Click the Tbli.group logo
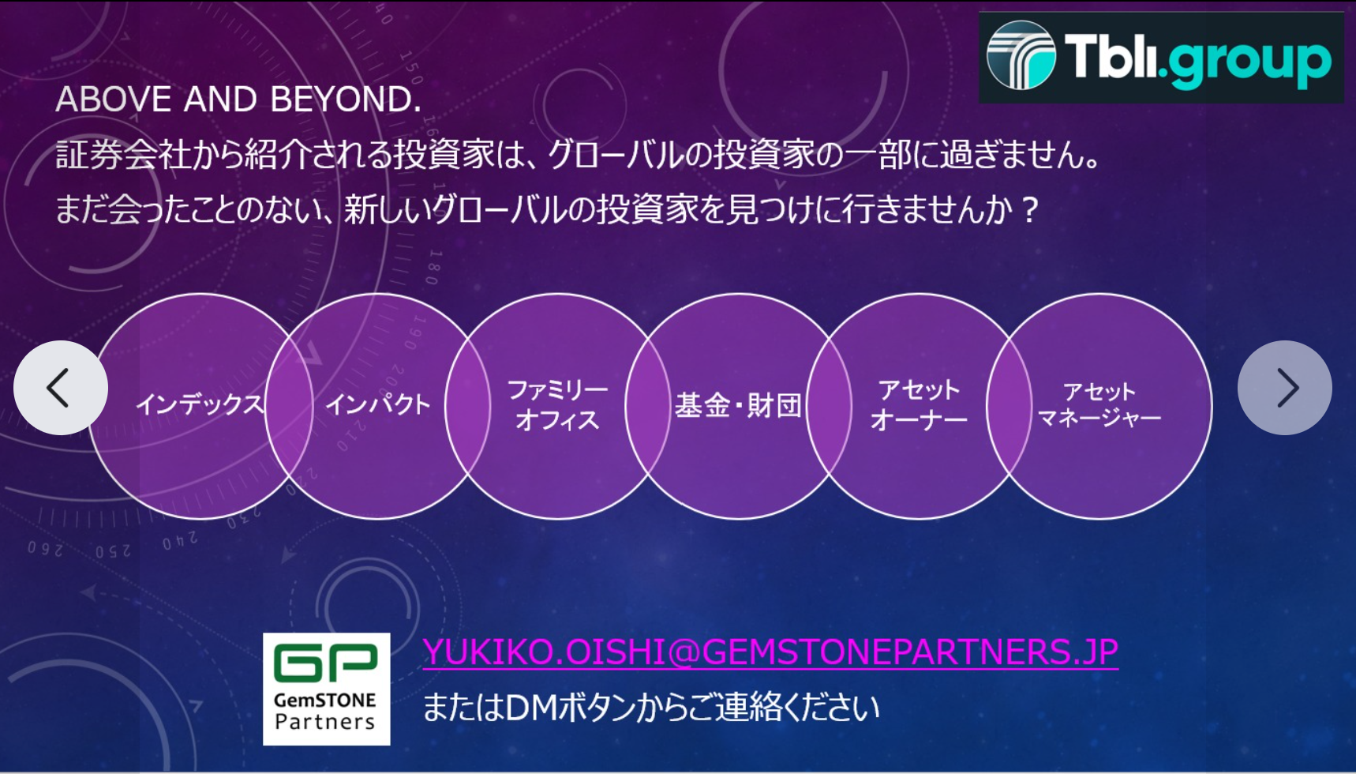tap(1161, 57)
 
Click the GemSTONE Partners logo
tap(327, 689)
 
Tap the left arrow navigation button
tap(61, 388)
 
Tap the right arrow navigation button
tap(1285, 388)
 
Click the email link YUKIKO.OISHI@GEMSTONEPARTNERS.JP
tap(770, 652)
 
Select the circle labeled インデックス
tap(200, 406)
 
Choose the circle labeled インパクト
tap(378, 406)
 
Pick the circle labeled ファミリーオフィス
tap(558, 406)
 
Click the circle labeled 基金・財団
tap(739, 406)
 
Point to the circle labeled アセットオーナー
tap(919, 406)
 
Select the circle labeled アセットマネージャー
tap(1099, 406)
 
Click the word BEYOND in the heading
tap(346, 100)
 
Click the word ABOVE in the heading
tap(114, 100)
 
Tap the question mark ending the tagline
tap(1028, 209)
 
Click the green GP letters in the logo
tap(326, 662)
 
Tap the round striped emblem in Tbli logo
tap(1021, 55)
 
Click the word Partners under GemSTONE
tap(325, 721)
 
